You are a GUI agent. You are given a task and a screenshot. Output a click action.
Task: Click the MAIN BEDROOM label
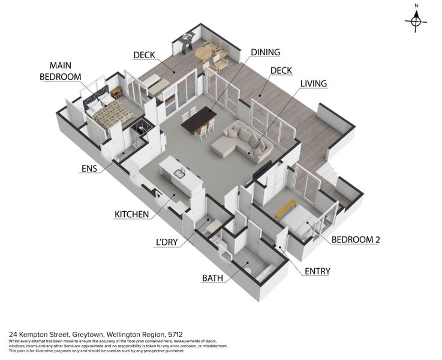point(61,71)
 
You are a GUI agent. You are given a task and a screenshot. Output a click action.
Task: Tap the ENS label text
point(89,169)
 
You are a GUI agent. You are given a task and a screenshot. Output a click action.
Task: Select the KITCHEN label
point(132,214)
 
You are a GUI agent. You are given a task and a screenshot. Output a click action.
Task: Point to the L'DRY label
point(167,242)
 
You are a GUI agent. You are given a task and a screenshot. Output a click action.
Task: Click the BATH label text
point(212,278)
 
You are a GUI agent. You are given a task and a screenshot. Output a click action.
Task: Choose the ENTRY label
point(317,271)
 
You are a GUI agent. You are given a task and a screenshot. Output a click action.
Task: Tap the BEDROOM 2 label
point(356,239)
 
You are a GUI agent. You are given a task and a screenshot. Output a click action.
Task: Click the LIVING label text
point(314,84)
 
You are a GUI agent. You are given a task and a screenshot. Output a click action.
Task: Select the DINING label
point(266,52)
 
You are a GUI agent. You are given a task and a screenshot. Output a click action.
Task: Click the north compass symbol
point(416,22)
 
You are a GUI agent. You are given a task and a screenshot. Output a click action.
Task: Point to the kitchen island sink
point(179,173)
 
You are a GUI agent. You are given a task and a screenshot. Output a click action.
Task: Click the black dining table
point(199,119)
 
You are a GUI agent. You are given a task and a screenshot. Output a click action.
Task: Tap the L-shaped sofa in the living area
point(242,142)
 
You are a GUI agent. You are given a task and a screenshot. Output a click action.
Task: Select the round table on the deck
point(203,53)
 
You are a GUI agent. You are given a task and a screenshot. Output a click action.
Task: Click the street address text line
point(96,335)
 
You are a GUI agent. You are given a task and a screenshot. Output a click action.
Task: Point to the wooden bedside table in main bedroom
point(116,92)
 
